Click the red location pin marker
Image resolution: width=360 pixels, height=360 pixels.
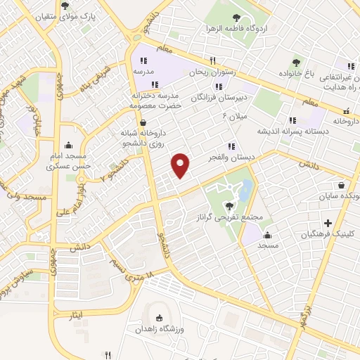(181, 165)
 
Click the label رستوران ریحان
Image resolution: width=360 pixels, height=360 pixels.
(217, 72)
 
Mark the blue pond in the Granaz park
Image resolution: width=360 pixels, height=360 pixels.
(245, 189)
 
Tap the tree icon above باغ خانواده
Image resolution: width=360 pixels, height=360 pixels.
(296, 63)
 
